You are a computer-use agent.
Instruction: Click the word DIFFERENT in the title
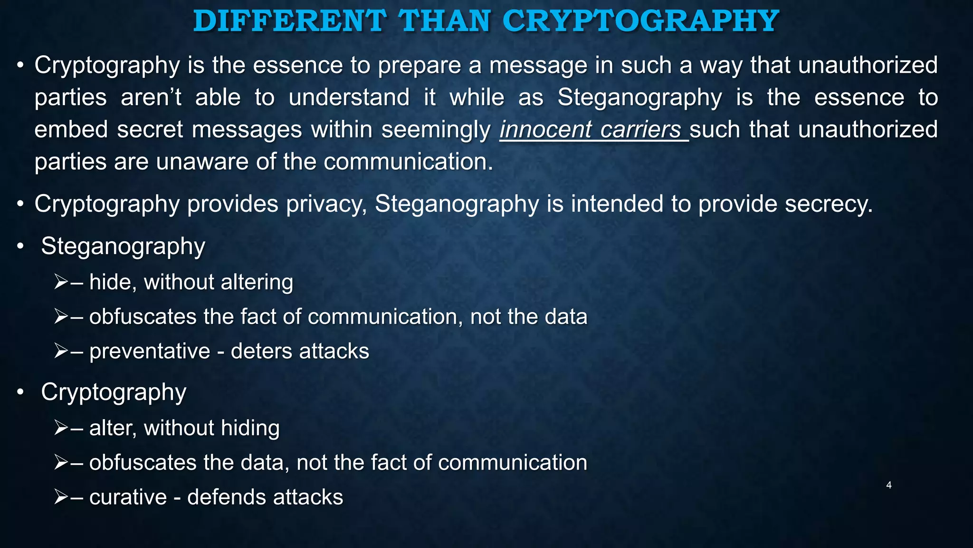pos(289,21)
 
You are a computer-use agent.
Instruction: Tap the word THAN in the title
pos(444,21)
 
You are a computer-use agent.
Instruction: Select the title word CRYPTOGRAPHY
pos(640,21)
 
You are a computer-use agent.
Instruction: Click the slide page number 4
pos(889,485)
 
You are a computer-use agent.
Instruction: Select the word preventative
pos(150,352)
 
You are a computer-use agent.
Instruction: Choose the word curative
pos(128,497)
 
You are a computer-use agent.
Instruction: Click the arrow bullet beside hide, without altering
pos(61,282)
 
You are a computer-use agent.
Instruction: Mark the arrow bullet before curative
pos(61,497)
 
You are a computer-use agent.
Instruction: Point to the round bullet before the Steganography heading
pos(20,246)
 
